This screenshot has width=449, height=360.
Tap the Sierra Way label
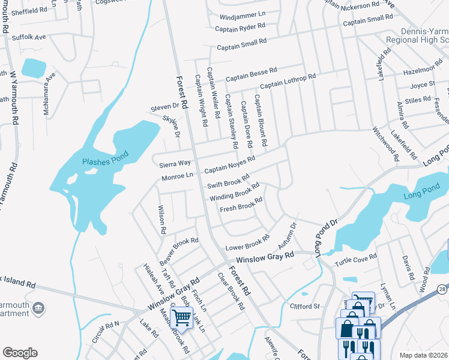pyautogui.click(x=174, y=163)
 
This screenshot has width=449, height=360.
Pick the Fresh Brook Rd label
pyautogui.click(x=241, y=205)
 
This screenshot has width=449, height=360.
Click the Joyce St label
pyautogui.click(x=423, y=85)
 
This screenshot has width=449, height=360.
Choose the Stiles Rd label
pyautogui.click(x=418, y=100)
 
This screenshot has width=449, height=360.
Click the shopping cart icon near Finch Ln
pyautogui.click(x=181, y=316)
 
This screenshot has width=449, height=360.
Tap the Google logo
pyautogui.click(x=20, y=353)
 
